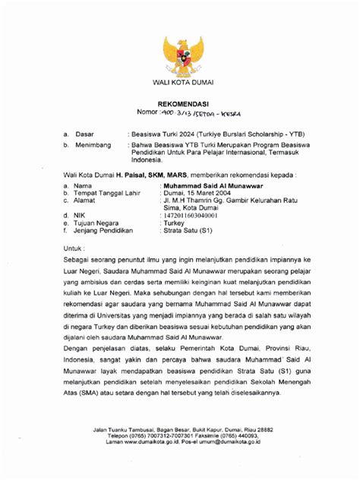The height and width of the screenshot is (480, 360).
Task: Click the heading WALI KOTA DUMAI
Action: tap(180, 82)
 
